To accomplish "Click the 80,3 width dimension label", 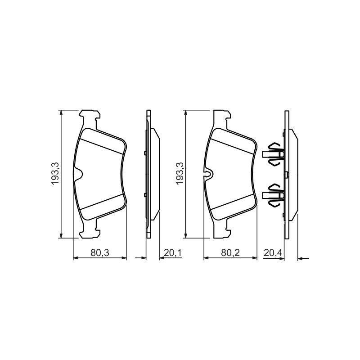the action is click(x=99, y=253).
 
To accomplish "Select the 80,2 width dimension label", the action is click(x=230, y=253).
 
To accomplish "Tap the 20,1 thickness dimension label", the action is click(x=173, y=253).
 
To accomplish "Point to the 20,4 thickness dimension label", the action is click(x=273, y=253).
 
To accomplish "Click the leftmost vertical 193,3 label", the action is click(x=55, y=174).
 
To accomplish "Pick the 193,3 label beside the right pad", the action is click(x=180, y=174).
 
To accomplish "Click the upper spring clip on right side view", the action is click(x=273, y=154).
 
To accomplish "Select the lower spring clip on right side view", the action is click(x=273, y=195).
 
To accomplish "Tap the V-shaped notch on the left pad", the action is click(x=78, y=174).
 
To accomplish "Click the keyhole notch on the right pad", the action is click(x=208, y=174).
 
